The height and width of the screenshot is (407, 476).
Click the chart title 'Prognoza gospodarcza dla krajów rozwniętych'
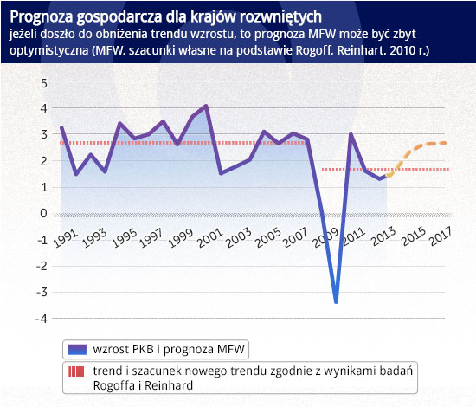pos(166,16)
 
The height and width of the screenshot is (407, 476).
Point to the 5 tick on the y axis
pos(44,83)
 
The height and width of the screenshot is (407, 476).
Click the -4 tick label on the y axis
pos(42,320)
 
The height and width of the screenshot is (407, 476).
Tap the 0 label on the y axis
pos(44,214)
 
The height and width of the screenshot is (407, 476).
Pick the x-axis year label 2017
pos(441,236)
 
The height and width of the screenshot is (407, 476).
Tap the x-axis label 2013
pos(384,236)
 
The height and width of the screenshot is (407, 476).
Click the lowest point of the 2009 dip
pos(336,302)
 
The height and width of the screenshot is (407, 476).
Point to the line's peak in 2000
pos(207,106)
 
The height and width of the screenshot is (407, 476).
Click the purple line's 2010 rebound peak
pos(351,134)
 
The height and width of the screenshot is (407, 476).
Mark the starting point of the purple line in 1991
pos(61,127)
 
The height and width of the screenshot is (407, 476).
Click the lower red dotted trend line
pos(385,170)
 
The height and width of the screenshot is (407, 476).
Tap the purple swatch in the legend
pos(77,350)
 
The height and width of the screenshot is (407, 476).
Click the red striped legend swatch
pos(76,371)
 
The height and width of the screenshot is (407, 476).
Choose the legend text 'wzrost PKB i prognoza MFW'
pos(169,349)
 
